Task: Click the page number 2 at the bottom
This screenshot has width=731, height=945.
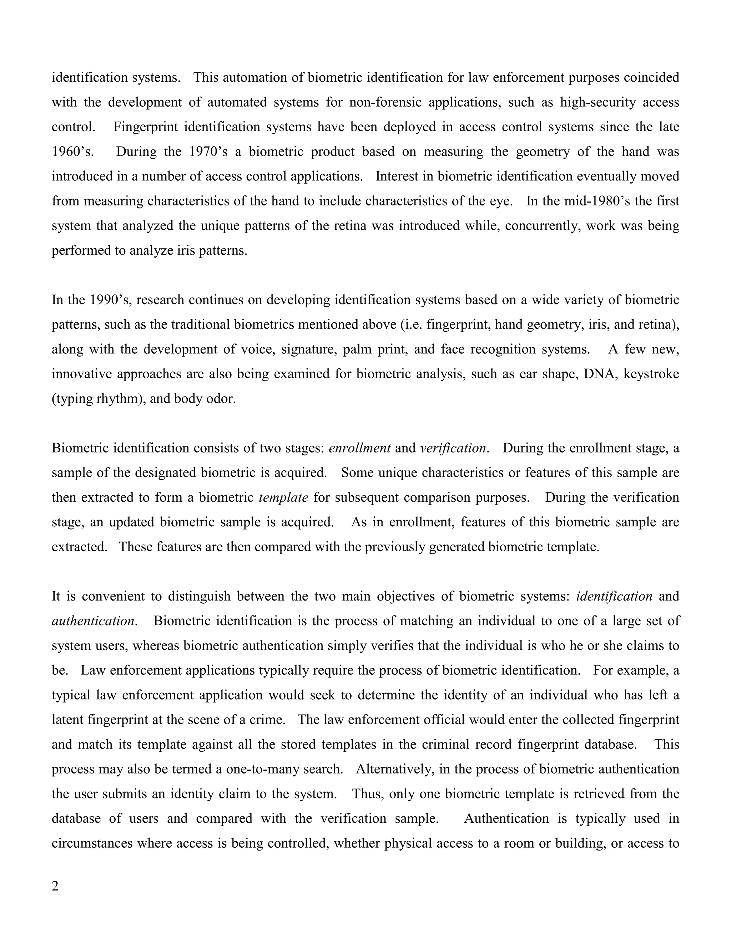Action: [55, 887]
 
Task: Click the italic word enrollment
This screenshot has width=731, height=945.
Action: [359, 448]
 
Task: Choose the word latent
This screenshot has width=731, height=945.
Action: [67, 720]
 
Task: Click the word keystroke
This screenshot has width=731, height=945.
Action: [651, 374]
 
